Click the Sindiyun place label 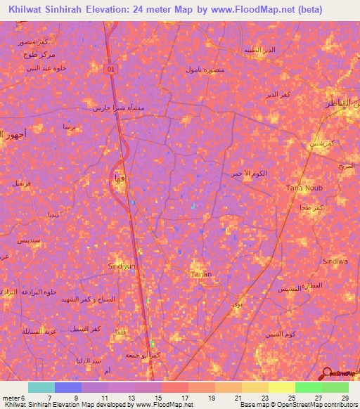(x=121, y=266)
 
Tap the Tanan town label (x=200, y=274)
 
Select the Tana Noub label (x=303, y=188)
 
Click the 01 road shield (x=110, y=68)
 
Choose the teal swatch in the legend (x=41, y=387)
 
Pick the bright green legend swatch (x=308, y=387)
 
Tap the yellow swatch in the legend (x=281, y=387)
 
